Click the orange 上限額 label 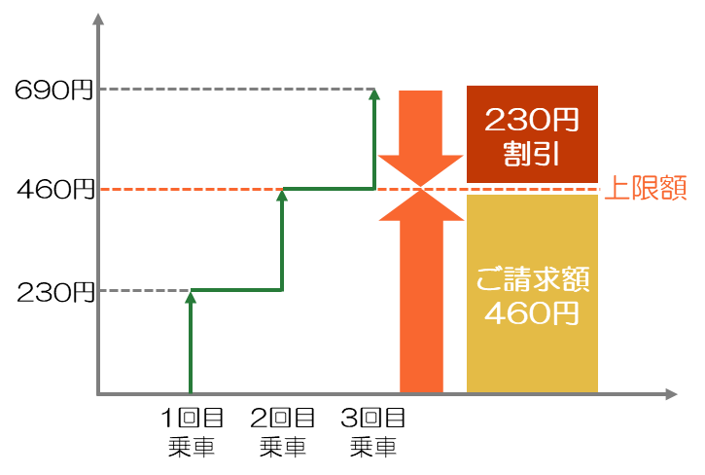tap(645, 188)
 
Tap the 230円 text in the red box tap(532, 120)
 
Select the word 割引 tap(532, 154)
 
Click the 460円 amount tap(532, 313)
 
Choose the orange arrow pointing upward tap(421, 292)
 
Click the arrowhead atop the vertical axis tap(98, 19)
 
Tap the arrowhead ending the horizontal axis tap(671, 394)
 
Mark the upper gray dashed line tap(233, 90)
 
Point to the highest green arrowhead tap(374, 92)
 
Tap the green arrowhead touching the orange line tap(282, 195)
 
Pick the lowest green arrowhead tap(191, 297)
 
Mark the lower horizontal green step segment tap(236, 290)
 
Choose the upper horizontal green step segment tap(328, 189)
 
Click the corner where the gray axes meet tap(98, 394)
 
